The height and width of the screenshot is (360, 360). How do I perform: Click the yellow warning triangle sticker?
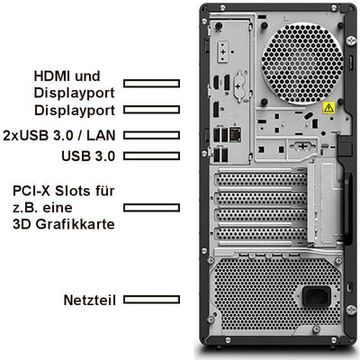(x=328, y=108)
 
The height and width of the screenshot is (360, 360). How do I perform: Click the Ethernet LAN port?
(x=237, y=135)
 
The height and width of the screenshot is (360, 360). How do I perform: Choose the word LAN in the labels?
(x=102, y=135)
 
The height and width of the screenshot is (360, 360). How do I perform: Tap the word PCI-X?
(x=34, y=192)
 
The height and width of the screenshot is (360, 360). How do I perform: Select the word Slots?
(x=78, y=192)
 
